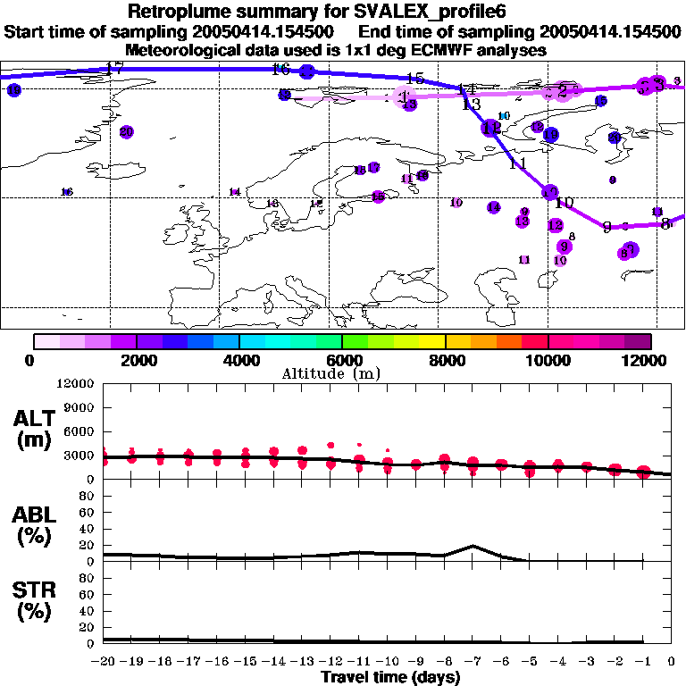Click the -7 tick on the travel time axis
[473, 661]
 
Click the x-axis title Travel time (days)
[390, 677]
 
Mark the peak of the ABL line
[473, 546]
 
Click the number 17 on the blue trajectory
[113, 68]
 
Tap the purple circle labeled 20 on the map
[126, 132]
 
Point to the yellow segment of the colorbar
[433, 341]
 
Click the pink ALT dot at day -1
[643, 472]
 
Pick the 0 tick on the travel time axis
[672, 661]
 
